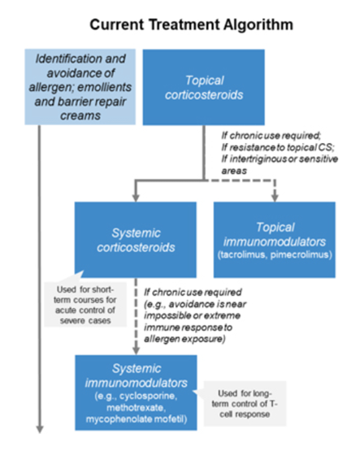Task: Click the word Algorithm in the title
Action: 258,25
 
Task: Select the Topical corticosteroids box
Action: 203,87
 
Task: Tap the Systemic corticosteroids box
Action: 136,240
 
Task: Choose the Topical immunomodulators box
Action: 275,240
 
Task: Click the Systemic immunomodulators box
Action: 136,392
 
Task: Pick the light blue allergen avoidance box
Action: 80,87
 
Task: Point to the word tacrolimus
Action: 241,255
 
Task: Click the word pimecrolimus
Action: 301,255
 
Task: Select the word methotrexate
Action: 136,408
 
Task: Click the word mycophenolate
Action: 118,419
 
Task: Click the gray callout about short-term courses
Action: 85,305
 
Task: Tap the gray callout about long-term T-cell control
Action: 245,403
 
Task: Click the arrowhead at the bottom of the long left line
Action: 40,429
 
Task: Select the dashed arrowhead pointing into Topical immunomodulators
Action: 275,197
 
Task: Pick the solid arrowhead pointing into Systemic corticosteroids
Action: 136,197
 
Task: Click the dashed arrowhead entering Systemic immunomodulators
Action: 136,351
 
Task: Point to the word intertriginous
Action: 258,159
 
